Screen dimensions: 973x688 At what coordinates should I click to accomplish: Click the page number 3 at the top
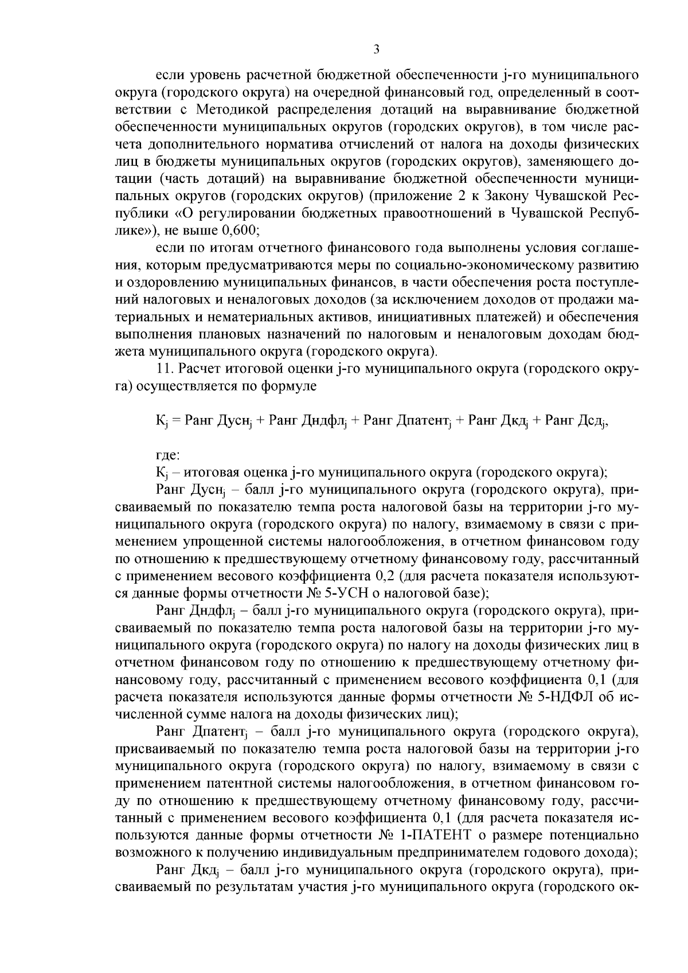[376, 50]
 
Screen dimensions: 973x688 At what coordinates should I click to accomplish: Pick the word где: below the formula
[168, 455]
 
